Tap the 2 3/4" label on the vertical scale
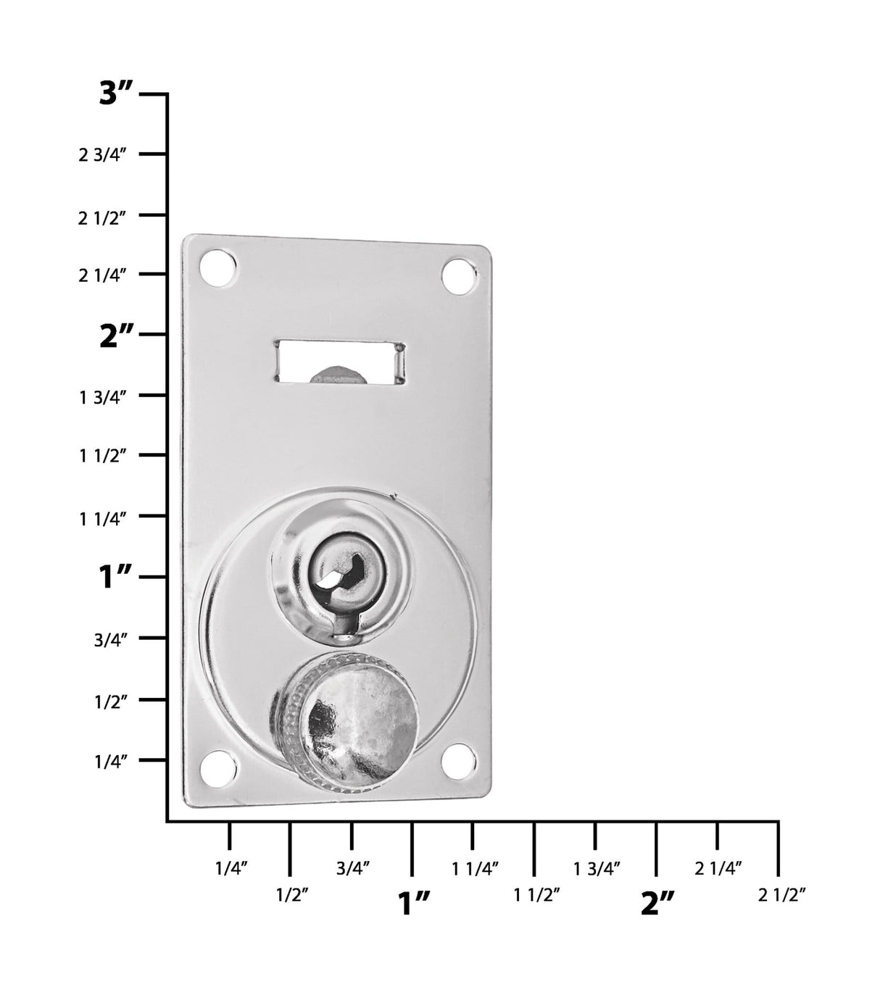click(x=103, y=154)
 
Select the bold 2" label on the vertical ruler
click(x=117, y=337)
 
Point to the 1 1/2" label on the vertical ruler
click(x=103, y=457)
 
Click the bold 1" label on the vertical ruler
click(x=116, y=578)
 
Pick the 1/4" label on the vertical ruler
click(x=111, y=761)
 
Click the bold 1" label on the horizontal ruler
click(x=415, y=903)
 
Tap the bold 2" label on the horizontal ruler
click(x=657, y=903)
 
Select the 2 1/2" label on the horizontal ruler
click(x=782, y=895)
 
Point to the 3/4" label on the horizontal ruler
click(x=354, y=868)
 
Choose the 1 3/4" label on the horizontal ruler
click(x=597, y=868)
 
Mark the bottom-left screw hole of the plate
click(x=220, y=769)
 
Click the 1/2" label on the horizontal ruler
click(x=292, y=895)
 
